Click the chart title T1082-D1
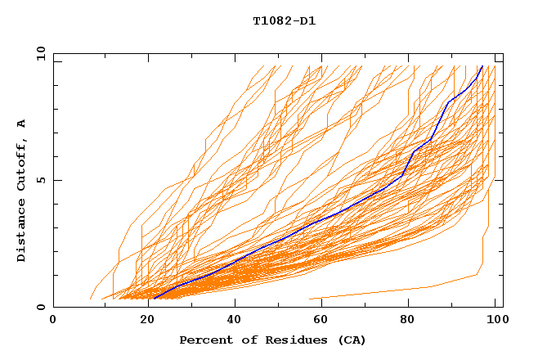point(284,21)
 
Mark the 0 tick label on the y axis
point(40,308)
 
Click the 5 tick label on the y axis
point(40,180)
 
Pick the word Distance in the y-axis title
point(22,232)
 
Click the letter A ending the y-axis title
point(22,124)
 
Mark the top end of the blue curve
point(482,66)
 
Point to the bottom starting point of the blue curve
point(154,299)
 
